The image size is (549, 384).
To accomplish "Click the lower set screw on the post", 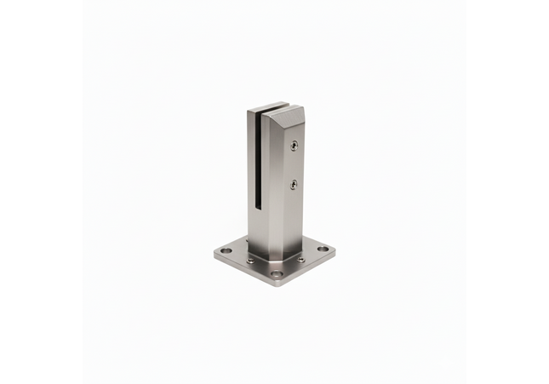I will [x=294, y=184].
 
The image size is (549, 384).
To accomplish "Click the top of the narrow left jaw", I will [x=253, y=112].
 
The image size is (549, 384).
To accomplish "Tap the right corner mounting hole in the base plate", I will [x=323, y=249].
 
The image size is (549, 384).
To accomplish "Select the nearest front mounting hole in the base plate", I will [x=277, y=274].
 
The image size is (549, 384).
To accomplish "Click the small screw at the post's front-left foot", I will [x=250, y=259].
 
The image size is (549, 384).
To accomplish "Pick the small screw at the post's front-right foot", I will [x=300, y=258].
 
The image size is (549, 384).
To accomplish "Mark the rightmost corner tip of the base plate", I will [x=335, y=249].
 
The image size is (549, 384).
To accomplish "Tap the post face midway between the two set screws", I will [x=294, y=165].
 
